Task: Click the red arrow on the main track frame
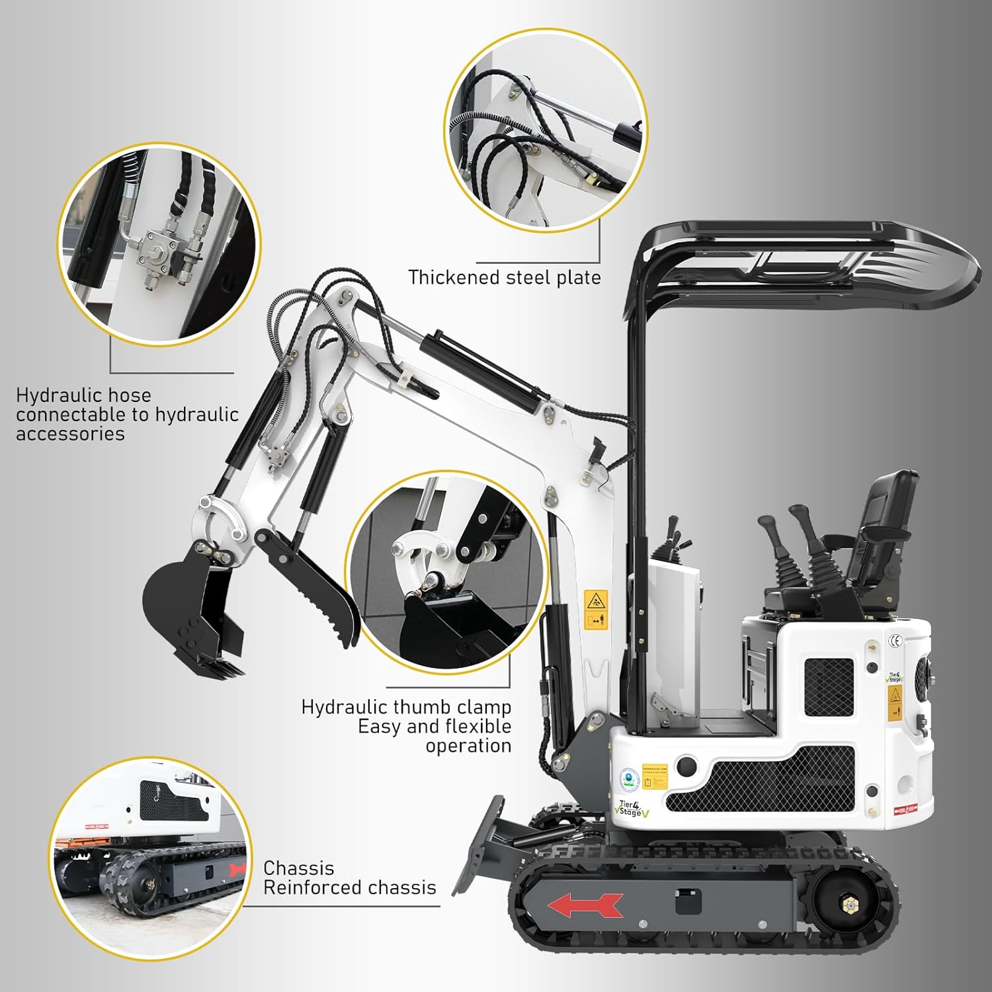[586, 905]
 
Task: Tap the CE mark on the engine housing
[895, 640]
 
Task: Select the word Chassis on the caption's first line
[298, 868]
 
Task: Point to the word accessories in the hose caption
[70, 434]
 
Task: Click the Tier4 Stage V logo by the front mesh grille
[632, 807]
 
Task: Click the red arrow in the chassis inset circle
[236, 869]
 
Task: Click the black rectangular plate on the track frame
[688, 901]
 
